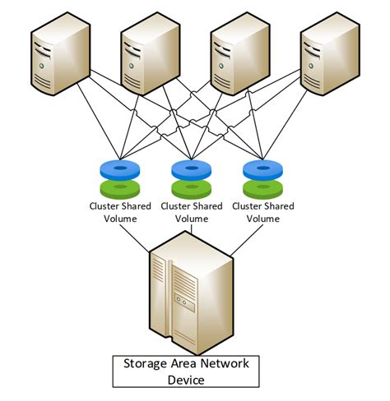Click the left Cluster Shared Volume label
pyautogui.click(x=120, y=212)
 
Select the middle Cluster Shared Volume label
pyautogui.click(x=193, y=212)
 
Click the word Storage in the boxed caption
pyautogui.click(x=146, y=363)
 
